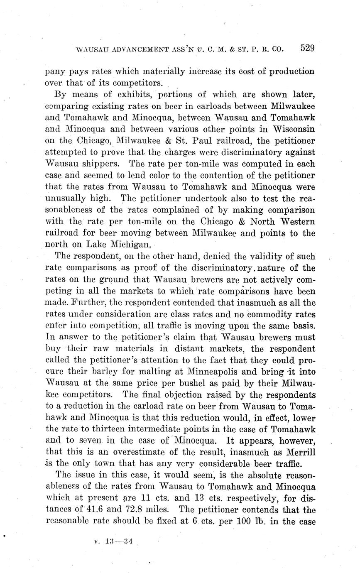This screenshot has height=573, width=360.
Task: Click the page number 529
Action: click(307, 48)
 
